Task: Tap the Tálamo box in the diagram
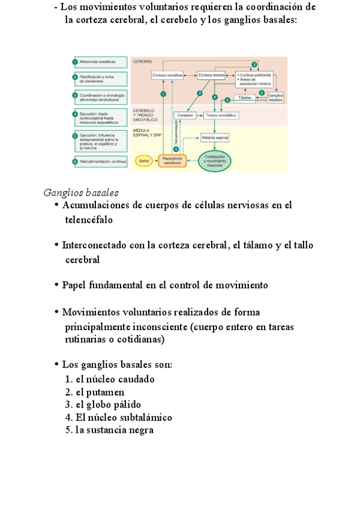(245, 97)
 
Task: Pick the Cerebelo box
(184, 115)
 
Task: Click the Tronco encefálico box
(221, 115)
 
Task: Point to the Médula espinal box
(215, 138)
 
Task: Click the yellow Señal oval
(144, 161)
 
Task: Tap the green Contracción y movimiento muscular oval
(215, 161)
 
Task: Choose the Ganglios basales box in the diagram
(275, 97)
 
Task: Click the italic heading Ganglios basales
(81, 193)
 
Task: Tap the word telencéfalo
(89, 220)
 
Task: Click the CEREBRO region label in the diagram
(143, 61)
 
